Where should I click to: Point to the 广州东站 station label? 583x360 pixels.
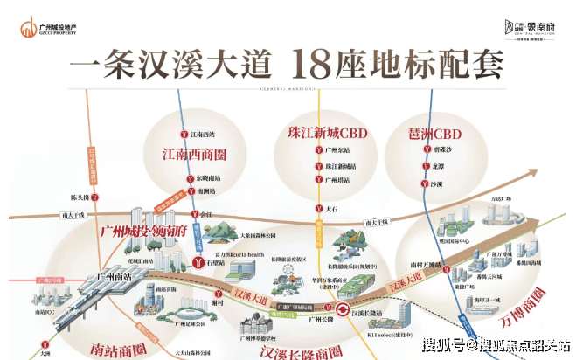click(338, 149)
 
